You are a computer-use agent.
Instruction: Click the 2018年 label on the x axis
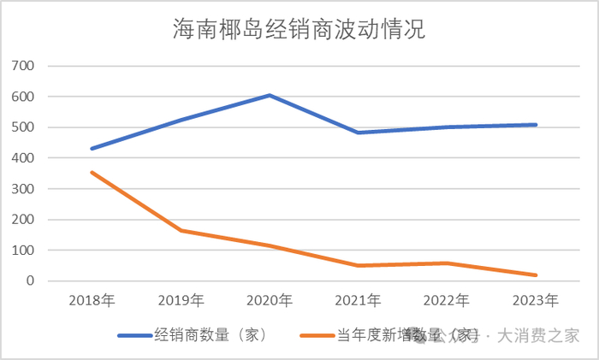[92, 300]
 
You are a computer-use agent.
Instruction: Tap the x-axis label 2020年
[270, 300]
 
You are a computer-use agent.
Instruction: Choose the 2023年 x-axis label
[536, 300]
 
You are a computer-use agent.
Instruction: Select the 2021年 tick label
[359, 300]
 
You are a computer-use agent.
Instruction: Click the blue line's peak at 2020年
[270, 95]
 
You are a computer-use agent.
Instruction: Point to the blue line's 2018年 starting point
[92, 149]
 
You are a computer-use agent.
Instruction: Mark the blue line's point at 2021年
[359, 133]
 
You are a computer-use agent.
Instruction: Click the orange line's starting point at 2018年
[92, 173]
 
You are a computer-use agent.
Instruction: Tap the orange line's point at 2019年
[181, 231]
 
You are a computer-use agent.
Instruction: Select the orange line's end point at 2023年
[536, 275]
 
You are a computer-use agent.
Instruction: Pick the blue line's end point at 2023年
[536, 125]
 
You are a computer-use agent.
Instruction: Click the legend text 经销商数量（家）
[212, 335]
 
